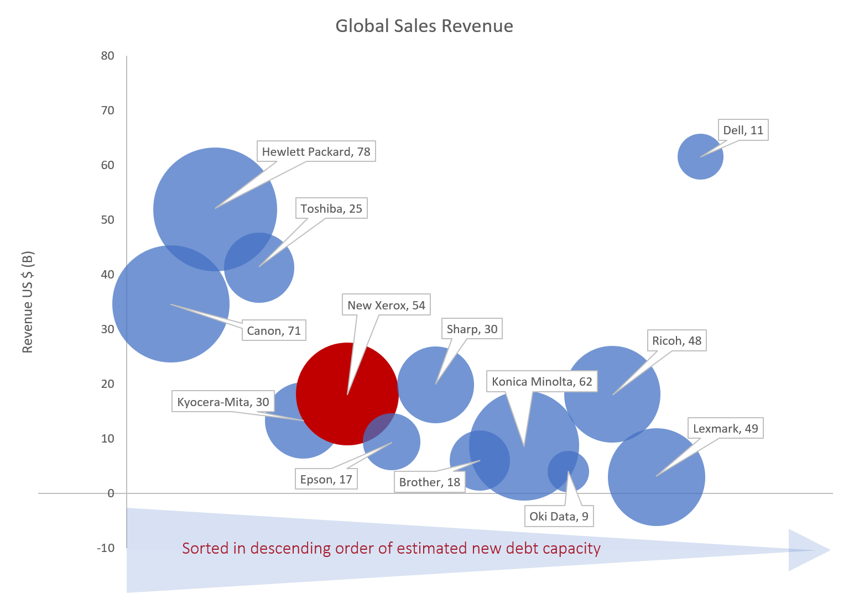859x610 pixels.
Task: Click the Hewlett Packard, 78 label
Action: pos(316,152)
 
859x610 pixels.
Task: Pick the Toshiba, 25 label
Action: pos(331,209)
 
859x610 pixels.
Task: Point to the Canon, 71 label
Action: pos(273,331)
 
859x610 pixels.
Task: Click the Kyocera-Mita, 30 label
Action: pos(223,402)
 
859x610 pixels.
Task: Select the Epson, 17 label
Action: pos(326,480)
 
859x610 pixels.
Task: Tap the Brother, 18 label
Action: pos(429,482)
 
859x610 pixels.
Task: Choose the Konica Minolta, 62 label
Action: pos(542,382)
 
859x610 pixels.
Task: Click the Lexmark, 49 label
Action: pos(725,429)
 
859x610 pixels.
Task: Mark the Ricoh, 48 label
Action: pos(676,341)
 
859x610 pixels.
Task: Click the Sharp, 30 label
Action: pos(472,329)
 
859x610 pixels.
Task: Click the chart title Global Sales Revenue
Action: pos(424,26)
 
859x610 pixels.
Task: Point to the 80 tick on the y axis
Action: pos(107,56)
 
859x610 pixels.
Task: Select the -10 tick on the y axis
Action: pos(106,548)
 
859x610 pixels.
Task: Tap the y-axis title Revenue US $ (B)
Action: pos(28,302)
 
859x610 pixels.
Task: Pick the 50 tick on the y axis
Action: pos(107,220)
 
